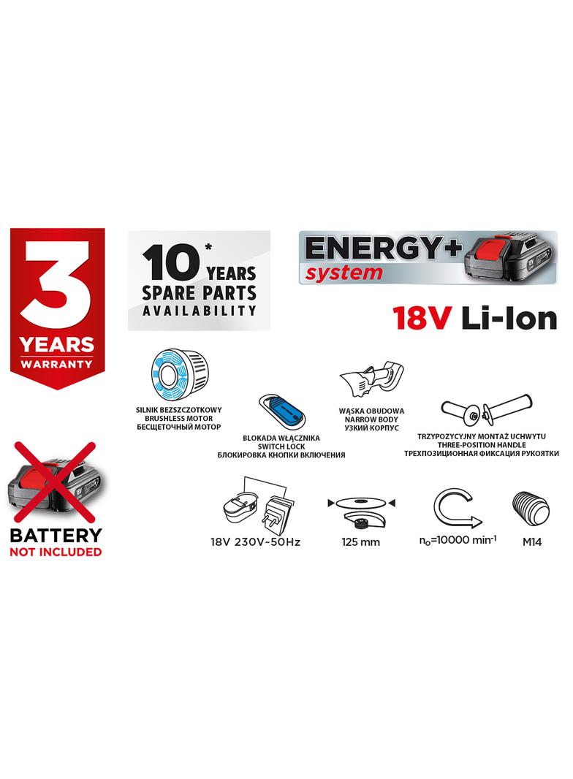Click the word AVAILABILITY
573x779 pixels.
tap(199, 310)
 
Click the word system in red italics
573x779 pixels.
tap(343, 273)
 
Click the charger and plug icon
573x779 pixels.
tap(256, 503)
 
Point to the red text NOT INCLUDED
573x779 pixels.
tap(55, 552)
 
